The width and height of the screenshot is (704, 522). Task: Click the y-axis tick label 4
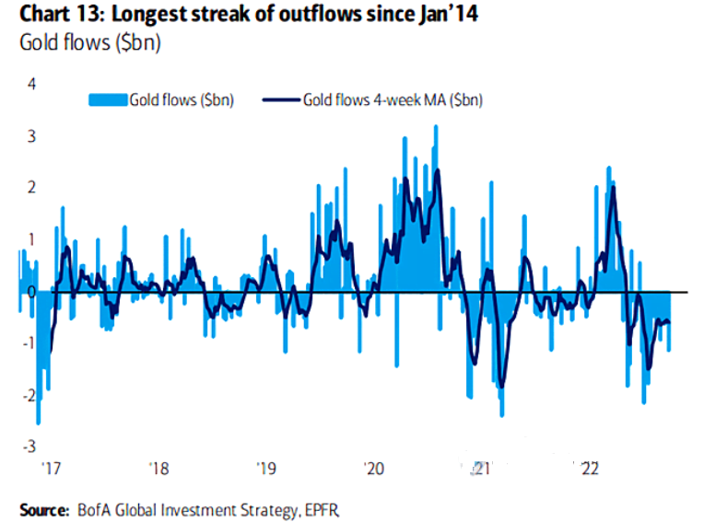click(x=30, y=84)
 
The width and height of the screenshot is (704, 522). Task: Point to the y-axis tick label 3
click(x=30, y=136)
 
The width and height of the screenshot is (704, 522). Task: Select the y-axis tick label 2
click(x=30, y=188)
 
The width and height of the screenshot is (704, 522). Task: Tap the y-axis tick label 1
click(x=30, y=239)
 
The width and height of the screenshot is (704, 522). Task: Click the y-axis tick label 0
click(x=30, y=292)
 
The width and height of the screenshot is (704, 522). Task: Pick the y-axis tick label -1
click(x=28, y=343)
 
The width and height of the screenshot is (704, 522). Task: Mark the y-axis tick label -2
click(x=28, y=395)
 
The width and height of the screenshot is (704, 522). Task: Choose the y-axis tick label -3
click(x=28, y=447)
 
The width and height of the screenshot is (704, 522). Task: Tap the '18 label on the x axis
click(x=158, y=469)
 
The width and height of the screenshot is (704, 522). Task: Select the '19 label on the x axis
click(x=265, y=469)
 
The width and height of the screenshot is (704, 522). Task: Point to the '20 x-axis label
click(x=373, y=469)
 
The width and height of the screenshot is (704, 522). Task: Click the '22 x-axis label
click(x=588, y=469)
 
